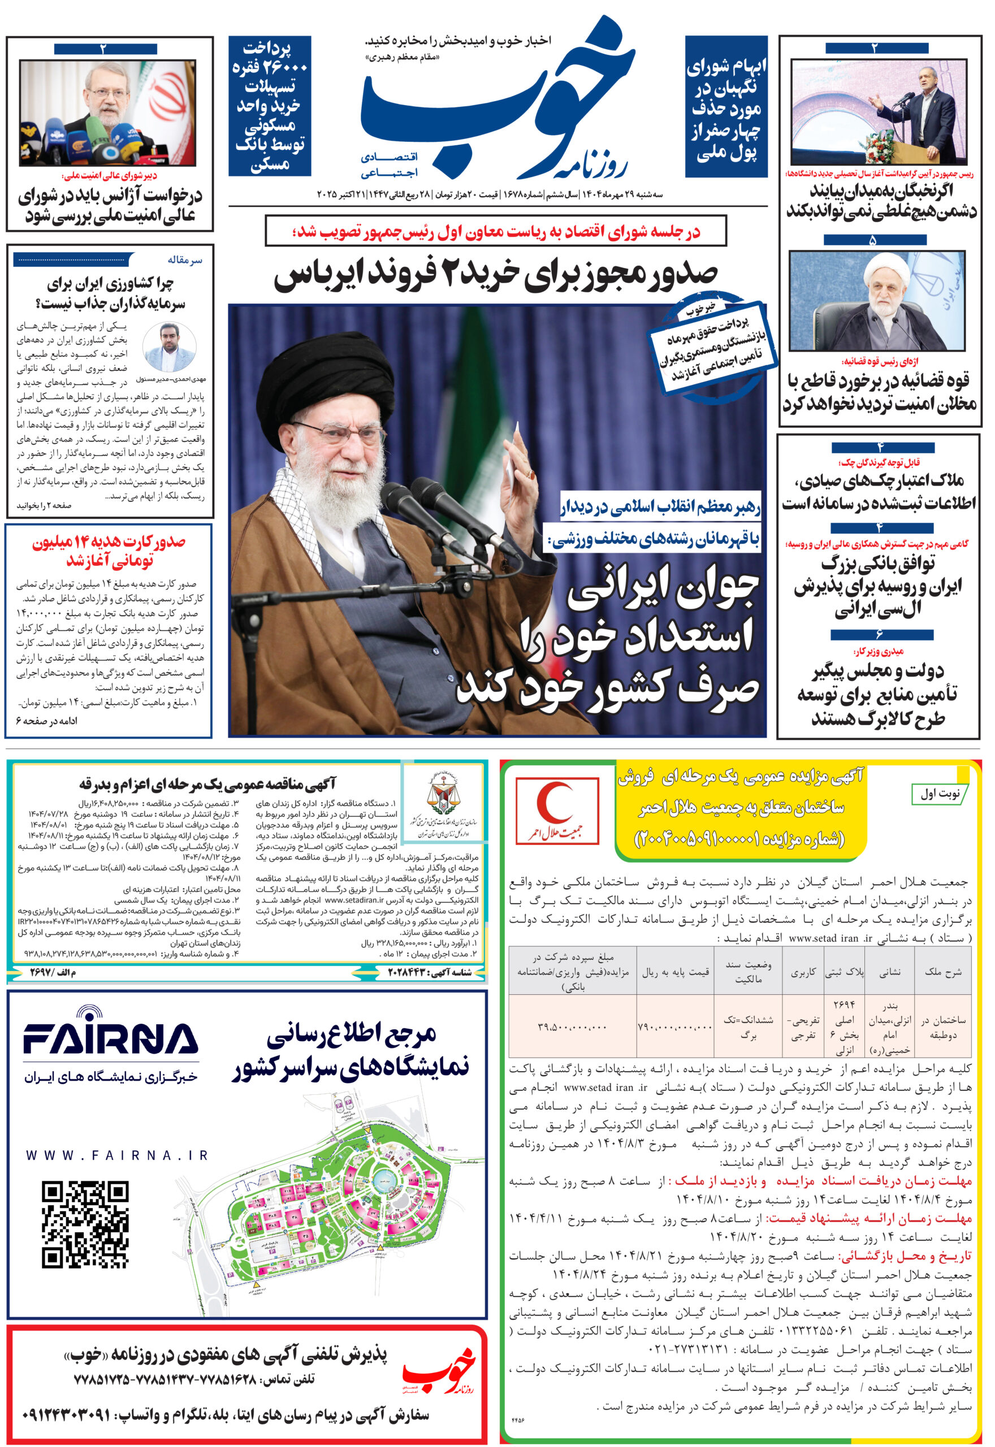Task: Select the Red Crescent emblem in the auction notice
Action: pyautogui.click(x=557, y=809)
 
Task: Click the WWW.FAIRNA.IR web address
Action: pyautogui.click(x=116, y=1156)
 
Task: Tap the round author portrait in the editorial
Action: pyautogui.click(x=169, y=348)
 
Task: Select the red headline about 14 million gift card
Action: pyautogui.click(x=109, y=551)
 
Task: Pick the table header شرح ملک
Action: pyautogui.click(x=942, y=972)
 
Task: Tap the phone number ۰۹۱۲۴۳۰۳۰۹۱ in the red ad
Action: pyautogui.click(x=67, y=1414)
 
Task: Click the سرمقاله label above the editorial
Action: pyautogui.click(x=184, y=260)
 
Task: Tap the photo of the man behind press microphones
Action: pyautogui.click(x=107, y=113)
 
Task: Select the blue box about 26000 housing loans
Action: pyautogui.click(x=269, y=105)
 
